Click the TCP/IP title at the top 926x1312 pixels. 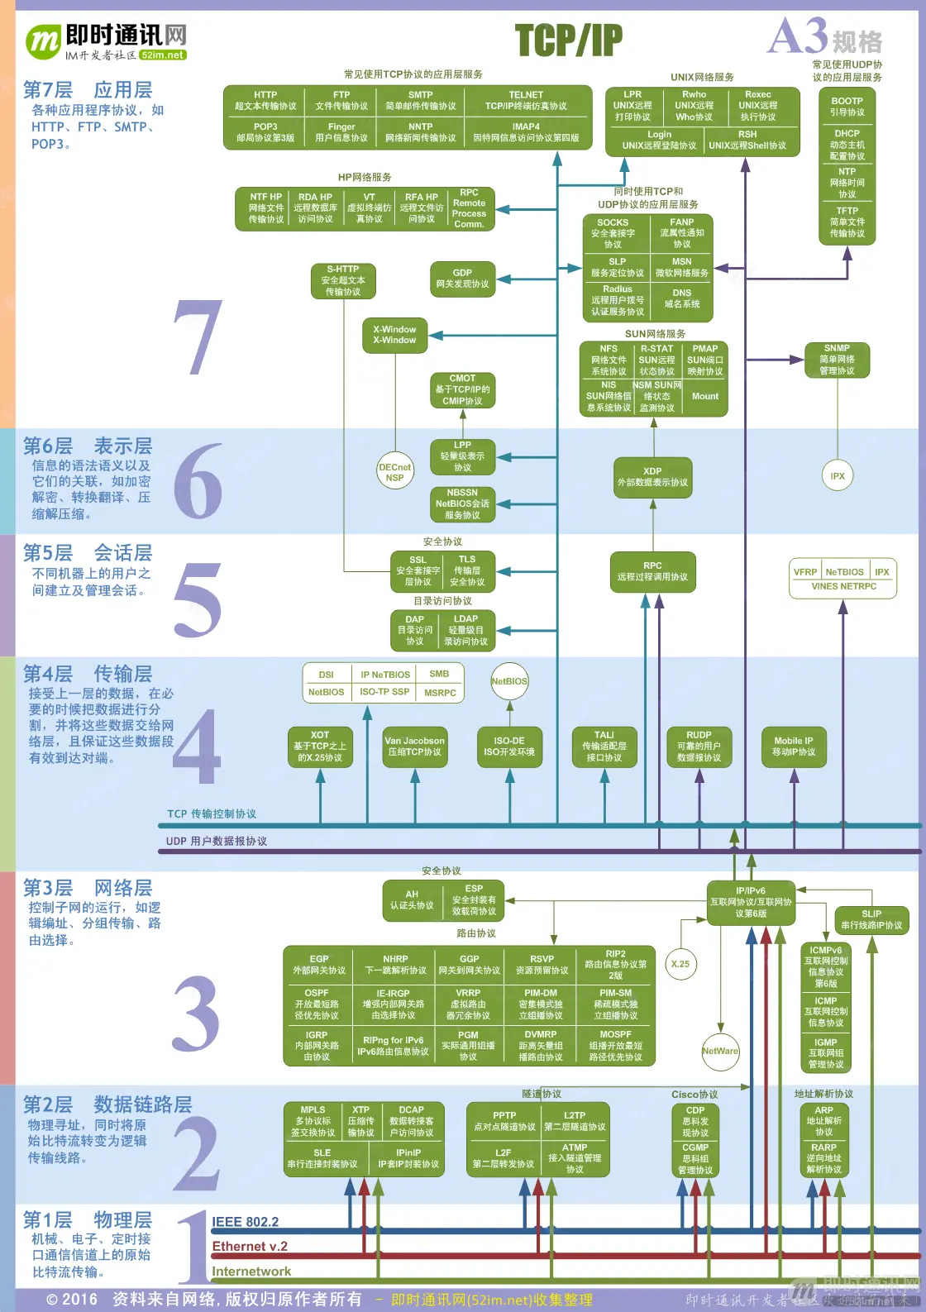coord(568,40)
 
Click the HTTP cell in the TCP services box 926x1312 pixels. coord(265,101)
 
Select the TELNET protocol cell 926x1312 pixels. coord(526,101)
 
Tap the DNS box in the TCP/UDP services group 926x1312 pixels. coord(681,298)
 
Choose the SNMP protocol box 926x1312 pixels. coord(837,360)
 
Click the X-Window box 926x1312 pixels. coord(394,335)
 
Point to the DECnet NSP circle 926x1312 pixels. coord(394,472)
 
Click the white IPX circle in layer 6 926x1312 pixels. coord(838,476)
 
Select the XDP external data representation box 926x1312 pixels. coord(652,477)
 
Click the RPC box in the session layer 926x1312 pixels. coord(652,571)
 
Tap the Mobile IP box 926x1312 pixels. coord(794,747)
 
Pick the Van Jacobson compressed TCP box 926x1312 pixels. coord(414,747)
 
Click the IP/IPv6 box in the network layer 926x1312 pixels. coord(751,902)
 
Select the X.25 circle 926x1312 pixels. coord(680,964)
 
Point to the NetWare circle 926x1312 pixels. coord(720,1051)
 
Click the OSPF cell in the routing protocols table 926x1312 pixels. coord(317,1004)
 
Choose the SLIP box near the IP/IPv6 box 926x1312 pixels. coord(871,919)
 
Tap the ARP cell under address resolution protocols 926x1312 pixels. coord(824,1121)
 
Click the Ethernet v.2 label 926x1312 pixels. coord(250,1247)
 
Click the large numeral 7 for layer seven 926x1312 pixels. coord(198,337)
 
